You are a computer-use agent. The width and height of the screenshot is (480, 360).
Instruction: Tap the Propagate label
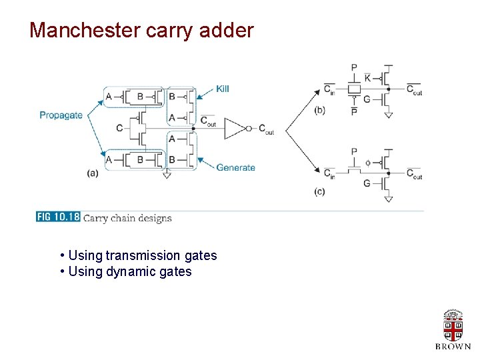(61, 115)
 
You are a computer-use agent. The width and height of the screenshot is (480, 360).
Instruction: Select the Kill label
(223, 89)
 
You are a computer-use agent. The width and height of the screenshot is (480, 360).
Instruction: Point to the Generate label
(235, 167)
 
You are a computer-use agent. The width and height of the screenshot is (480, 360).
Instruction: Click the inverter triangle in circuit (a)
(235, 128)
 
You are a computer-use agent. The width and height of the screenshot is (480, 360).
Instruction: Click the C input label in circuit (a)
(119, 128)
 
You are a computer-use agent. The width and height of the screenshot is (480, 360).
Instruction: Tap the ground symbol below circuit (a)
(167, 175)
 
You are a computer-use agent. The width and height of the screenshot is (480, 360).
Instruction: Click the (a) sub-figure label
(93, 173)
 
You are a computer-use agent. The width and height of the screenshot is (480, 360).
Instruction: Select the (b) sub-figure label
(319, 110)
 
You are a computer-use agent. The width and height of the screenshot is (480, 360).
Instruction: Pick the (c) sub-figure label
(319, 192)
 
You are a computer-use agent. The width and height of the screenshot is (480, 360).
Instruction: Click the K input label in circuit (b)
(367, 78)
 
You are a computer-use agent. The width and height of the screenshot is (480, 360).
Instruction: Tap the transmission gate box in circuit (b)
(354, 89)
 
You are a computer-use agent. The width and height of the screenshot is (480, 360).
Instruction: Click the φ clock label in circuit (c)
(367, 162)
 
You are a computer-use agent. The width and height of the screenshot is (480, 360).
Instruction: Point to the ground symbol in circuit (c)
(388, 199)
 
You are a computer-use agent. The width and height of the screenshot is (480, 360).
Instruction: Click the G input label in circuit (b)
(367, 99)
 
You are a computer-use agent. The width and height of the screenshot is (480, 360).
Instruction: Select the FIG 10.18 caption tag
(58, 217)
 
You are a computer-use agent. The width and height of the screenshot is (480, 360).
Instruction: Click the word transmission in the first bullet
(143, 255)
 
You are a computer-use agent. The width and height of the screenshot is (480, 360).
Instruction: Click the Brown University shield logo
(453, 326)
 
